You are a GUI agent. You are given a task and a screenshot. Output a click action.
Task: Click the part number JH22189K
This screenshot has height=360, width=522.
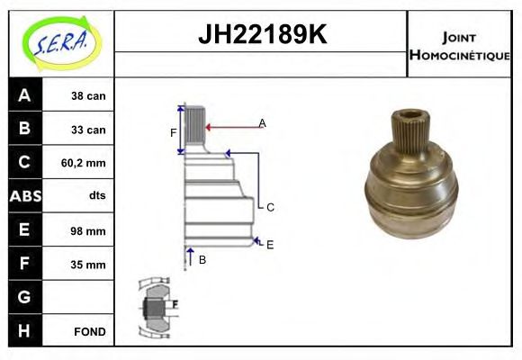261,35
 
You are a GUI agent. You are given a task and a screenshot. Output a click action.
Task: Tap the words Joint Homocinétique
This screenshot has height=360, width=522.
460,45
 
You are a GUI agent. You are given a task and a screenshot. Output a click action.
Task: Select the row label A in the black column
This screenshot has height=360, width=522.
23,95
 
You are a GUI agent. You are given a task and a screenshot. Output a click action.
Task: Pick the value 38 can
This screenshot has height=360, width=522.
89,95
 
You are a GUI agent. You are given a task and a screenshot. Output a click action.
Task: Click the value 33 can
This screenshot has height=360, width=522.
89,130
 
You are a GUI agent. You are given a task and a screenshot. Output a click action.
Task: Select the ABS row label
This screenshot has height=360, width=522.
23,196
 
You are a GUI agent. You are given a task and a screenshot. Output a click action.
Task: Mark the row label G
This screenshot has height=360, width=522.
23,297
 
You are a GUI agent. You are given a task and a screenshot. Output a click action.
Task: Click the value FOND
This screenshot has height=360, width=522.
89,331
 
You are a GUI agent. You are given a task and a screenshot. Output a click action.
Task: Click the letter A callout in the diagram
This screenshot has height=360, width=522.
262,122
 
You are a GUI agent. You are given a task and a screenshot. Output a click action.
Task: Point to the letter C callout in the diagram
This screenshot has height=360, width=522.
269,207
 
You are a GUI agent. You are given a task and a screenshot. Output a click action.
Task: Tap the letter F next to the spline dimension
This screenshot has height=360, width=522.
174,133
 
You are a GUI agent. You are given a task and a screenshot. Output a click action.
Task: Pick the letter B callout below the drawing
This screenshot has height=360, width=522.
202,259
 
